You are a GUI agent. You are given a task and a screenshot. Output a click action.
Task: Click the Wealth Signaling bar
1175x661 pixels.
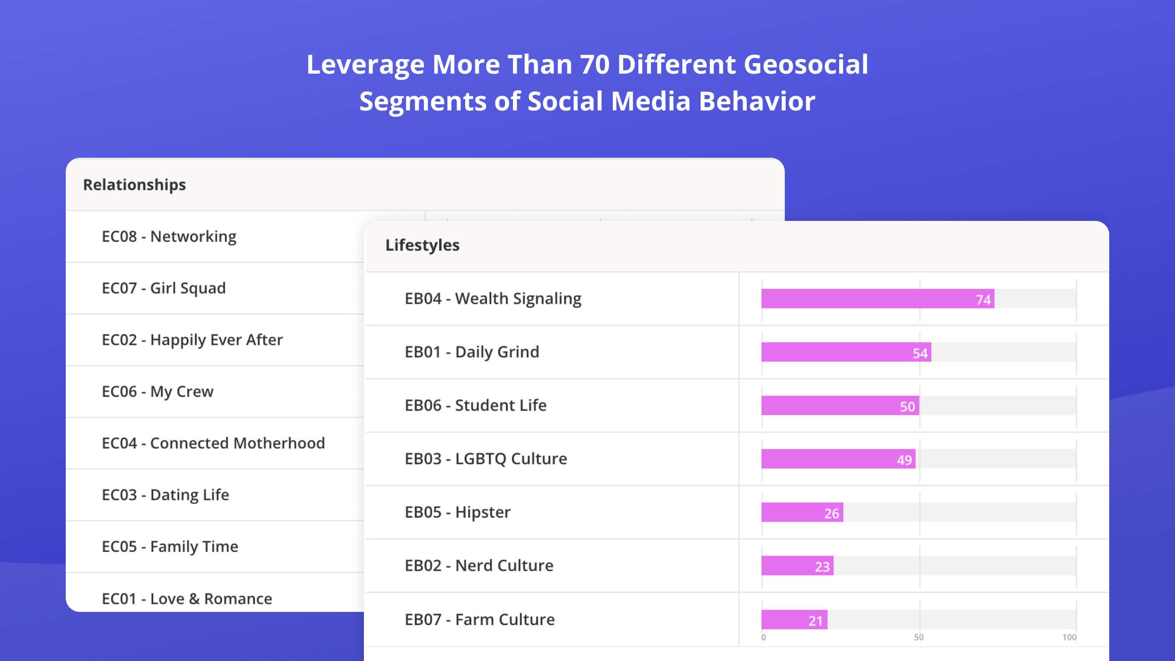pos(878,299)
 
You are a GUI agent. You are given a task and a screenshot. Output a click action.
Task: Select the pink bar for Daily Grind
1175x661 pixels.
pos(846,352)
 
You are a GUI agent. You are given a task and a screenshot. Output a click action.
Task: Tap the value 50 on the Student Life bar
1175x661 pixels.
pos(907,406)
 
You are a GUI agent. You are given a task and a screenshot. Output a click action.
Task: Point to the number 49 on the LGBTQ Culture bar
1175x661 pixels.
pos(904,460)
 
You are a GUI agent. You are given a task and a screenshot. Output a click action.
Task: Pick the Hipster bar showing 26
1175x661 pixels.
pos(802,512)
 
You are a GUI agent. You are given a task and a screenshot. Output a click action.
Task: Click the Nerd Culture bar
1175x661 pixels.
pos(798,565)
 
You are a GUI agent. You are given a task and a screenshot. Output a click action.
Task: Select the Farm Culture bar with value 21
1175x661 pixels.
pos(794,619)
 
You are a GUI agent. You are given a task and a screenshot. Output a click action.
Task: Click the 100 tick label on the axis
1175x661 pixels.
pos(1069,637)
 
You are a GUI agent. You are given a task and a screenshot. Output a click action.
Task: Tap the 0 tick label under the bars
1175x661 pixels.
pos(764,637)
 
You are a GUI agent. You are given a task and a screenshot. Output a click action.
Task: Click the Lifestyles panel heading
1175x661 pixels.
pos(422,245)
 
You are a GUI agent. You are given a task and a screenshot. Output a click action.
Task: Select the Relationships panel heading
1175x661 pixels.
pos(135,185)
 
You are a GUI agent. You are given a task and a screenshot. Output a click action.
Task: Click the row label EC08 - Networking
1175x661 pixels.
pos(169,236)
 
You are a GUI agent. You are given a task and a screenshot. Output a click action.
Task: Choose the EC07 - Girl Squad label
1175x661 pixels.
pos(164,288)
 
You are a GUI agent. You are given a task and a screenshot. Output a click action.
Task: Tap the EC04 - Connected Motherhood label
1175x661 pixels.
pos(214,443)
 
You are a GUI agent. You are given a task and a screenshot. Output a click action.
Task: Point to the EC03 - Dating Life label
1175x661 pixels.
pos(166,494)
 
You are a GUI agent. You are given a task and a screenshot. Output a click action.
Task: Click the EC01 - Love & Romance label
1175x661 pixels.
pos(187,598)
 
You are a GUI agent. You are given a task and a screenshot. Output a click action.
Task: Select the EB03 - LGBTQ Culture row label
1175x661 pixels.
pos(486,458)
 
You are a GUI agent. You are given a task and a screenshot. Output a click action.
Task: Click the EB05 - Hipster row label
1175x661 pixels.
pos(457,512)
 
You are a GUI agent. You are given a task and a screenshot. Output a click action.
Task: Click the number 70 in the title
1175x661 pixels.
pos(595,64)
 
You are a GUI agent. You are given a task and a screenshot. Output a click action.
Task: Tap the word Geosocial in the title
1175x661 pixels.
pos(806,64)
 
